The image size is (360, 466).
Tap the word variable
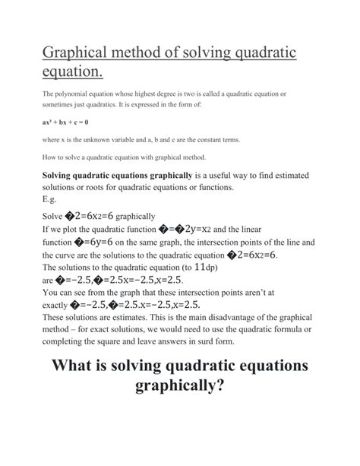144,139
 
